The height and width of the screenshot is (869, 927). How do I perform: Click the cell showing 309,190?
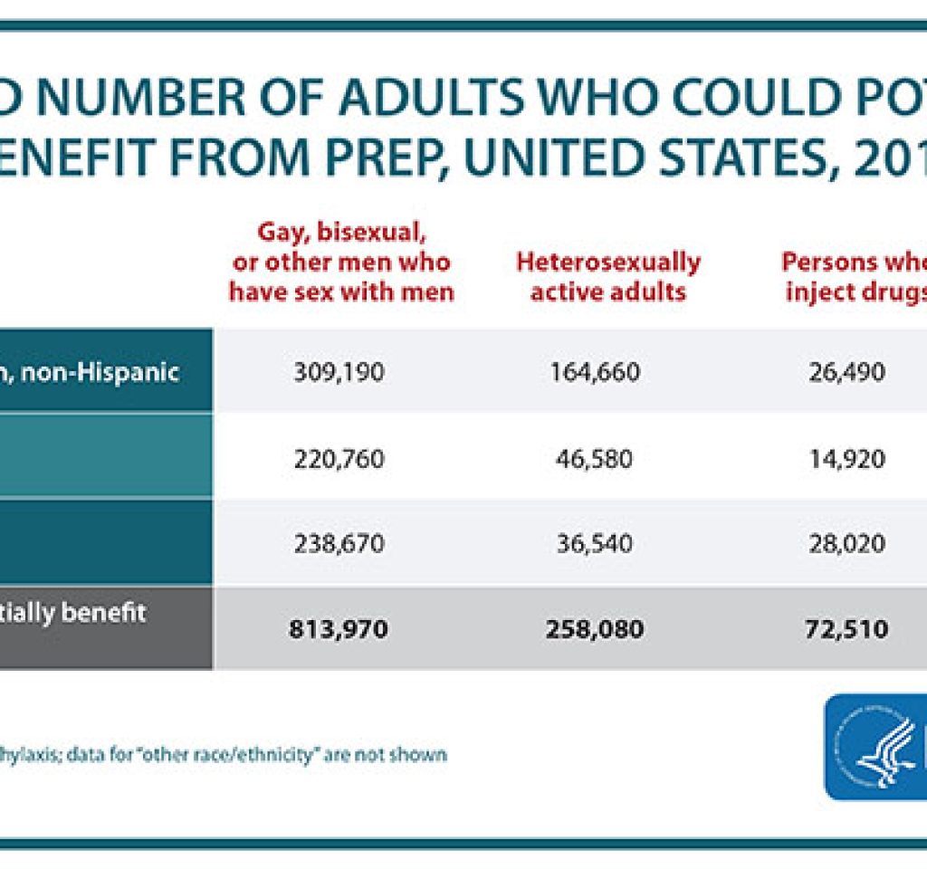[x=339, y=372]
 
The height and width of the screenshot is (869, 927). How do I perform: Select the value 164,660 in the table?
[x=594, y=372]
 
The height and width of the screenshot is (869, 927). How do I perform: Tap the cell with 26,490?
[x=847, y=372]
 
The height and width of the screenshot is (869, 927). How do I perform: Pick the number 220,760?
[x=339, y=459]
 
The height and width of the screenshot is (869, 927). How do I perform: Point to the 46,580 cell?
[x=594, y=459]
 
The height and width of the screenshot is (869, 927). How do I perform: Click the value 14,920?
[x=847, y=459]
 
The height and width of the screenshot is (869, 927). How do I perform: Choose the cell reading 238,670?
[x=339, y=544]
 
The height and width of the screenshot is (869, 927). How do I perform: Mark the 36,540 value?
[x=594, y=544]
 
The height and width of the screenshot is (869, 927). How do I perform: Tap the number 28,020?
[x=847, y=544]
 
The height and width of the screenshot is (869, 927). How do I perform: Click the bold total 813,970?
[x=339, y=628]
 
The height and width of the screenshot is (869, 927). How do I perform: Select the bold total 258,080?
[x=594, y=628]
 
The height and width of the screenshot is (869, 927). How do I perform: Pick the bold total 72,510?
[x=847, y=628]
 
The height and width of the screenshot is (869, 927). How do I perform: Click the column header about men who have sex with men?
[x=340, y=263]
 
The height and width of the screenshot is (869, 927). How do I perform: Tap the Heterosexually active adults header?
[x=607, y=277]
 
